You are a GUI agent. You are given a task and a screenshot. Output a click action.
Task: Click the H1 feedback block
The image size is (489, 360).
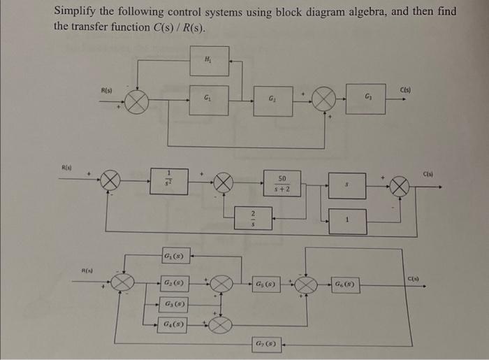click(209, 61)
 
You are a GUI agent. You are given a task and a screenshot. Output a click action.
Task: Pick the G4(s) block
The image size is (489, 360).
click(172, 325)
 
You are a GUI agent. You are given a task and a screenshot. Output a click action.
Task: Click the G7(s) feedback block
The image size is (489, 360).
click(269, 343)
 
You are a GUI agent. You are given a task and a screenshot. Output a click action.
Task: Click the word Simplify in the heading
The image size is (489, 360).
click(78, 12)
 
